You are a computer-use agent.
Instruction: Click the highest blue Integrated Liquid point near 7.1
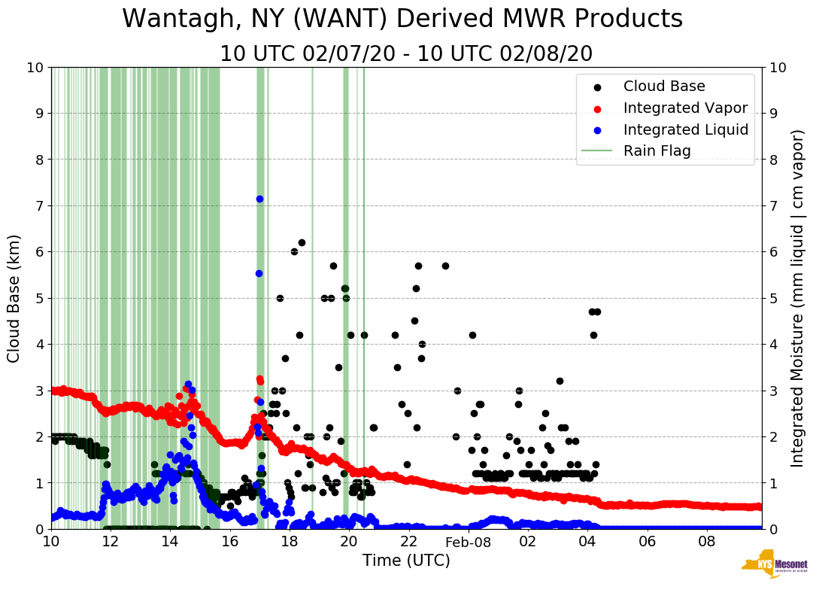click(259, 199)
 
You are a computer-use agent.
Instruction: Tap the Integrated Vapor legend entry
click(685, 108)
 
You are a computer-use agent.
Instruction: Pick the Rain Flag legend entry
click(657, 150)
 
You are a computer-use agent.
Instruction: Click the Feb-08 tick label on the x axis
click(468, 542)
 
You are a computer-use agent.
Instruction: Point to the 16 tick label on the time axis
click(230, 542)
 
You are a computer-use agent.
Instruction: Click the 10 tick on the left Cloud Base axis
click(35, 68)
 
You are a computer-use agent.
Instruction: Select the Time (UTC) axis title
click(406, 561)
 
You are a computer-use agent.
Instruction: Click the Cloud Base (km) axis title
click(14, 298)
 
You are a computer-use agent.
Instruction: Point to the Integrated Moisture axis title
click(798, 298)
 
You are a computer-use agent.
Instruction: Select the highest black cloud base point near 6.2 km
click(302, 242)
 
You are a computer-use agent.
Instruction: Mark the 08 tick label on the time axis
click(706, 542)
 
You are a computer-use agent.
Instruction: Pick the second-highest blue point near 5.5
click(259, 273)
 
